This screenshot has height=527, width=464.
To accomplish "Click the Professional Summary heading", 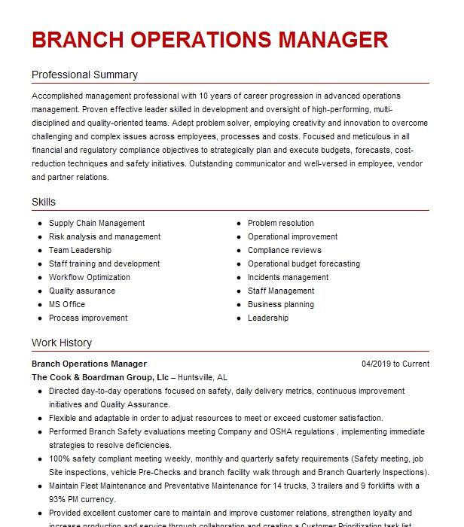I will point(84,75).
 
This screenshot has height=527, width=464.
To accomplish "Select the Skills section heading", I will point(44,203).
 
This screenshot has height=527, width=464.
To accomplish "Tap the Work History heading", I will point(62,343).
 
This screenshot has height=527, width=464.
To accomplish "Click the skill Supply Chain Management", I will point(97,224).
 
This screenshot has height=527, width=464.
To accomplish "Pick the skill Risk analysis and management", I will point(105,237).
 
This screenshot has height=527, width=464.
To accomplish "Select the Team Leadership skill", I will point(80,251).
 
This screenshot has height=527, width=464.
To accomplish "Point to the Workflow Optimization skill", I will point(90,278).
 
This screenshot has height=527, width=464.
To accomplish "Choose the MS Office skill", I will point(67,305).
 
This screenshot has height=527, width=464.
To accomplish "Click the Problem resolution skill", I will point(281,224).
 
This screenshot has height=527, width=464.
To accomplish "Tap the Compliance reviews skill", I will point(285,251).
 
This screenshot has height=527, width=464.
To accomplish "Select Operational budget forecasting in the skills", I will point(304,264).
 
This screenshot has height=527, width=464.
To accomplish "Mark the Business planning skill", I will point(281,305).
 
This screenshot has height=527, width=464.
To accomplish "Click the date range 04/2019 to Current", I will point(395,364).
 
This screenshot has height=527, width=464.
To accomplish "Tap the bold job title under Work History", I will point(89,364).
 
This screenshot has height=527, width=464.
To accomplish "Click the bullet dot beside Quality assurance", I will point(39,291).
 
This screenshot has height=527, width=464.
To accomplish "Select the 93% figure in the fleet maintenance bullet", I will point(58,498).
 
